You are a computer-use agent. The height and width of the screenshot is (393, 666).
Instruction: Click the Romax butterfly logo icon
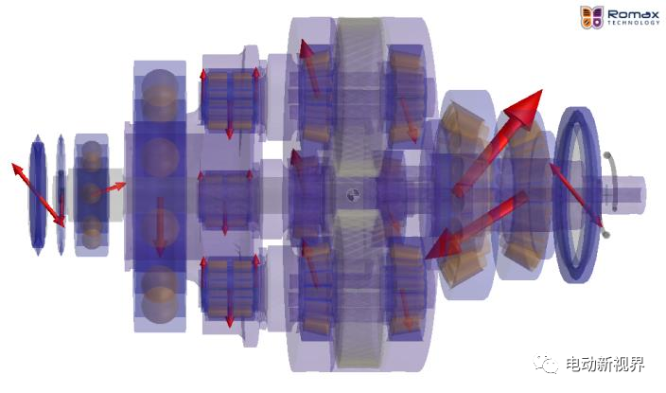(591, 17)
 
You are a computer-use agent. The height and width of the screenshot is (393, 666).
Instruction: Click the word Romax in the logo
(633, 14)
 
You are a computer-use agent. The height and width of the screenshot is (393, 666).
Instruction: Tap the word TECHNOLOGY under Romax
(633, 23)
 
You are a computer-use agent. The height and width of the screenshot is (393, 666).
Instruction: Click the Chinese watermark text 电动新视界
(605, 365)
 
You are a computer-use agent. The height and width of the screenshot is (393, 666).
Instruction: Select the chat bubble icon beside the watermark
(546, 364)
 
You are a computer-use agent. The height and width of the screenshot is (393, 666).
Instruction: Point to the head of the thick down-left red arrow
(440, 244)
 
